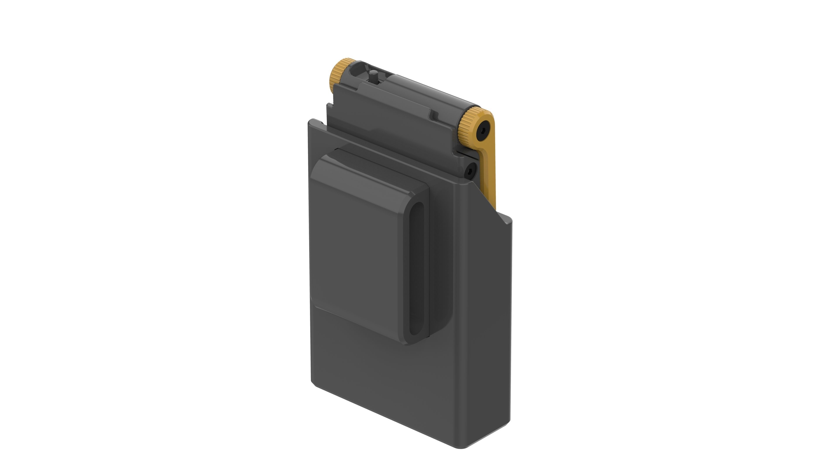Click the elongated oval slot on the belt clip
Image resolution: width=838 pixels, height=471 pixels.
click(416, 268)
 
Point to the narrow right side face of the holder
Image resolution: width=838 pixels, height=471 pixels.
click(488, 325)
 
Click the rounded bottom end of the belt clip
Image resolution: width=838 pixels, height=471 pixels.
click(413, 341)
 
